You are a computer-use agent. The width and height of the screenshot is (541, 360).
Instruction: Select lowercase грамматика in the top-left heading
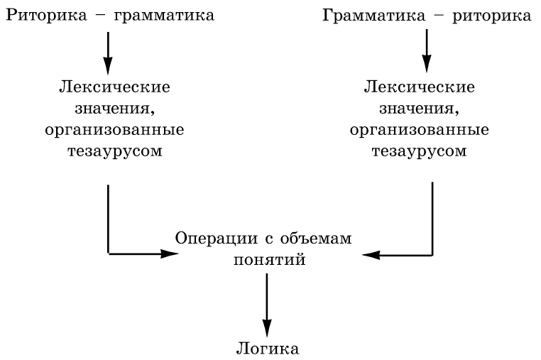pyautogui.click(x=154, y=15)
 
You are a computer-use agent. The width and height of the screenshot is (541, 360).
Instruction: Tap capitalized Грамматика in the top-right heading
pyautogui.click(x=367, y=15)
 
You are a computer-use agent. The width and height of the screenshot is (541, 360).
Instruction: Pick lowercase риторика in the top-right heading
pyautogui.click(x=493, y=15)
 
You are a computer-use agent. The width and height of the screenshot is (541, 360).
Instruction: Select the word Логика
pyautogui.click(x=267, y=349)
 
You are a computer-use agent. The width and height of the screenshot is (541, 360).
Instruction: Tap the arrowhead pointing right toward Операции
pyautogui.click(x=169, y=253)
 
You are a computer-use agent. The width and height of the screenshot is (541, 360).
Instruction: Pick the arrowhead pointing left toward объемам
pyautogui.click(x=371, y=253)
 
